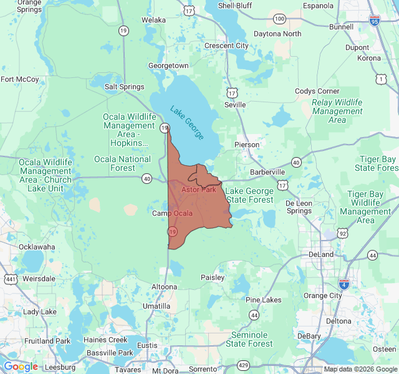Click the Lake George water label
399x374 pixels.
coord(190,121)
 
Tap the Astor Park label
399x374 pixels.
coord(198,189)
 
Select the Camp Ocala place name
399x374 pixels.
coord(173,214)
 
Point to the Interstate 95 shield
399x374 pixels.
coord(374,20)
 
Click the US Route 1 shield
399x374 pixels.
coord(381,79)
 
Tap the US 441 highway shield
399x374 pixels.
coord(11,278)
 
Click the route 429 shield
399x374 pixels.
coord(243,365)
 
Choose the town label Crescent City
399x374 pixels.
coord(226,46)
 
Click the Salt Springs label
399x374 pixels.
coord(124,87)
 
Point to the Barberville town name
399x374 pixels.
coord(267,172)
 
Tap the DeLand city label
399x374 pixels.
coord(322,254)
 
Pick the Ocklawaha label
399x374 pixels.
coord(37,247)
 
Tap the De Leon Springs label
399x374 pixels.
coord(299,207)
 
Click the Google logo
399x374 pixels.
coord(21,367)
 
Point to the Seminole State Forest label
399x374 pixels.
coord(249,339)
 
